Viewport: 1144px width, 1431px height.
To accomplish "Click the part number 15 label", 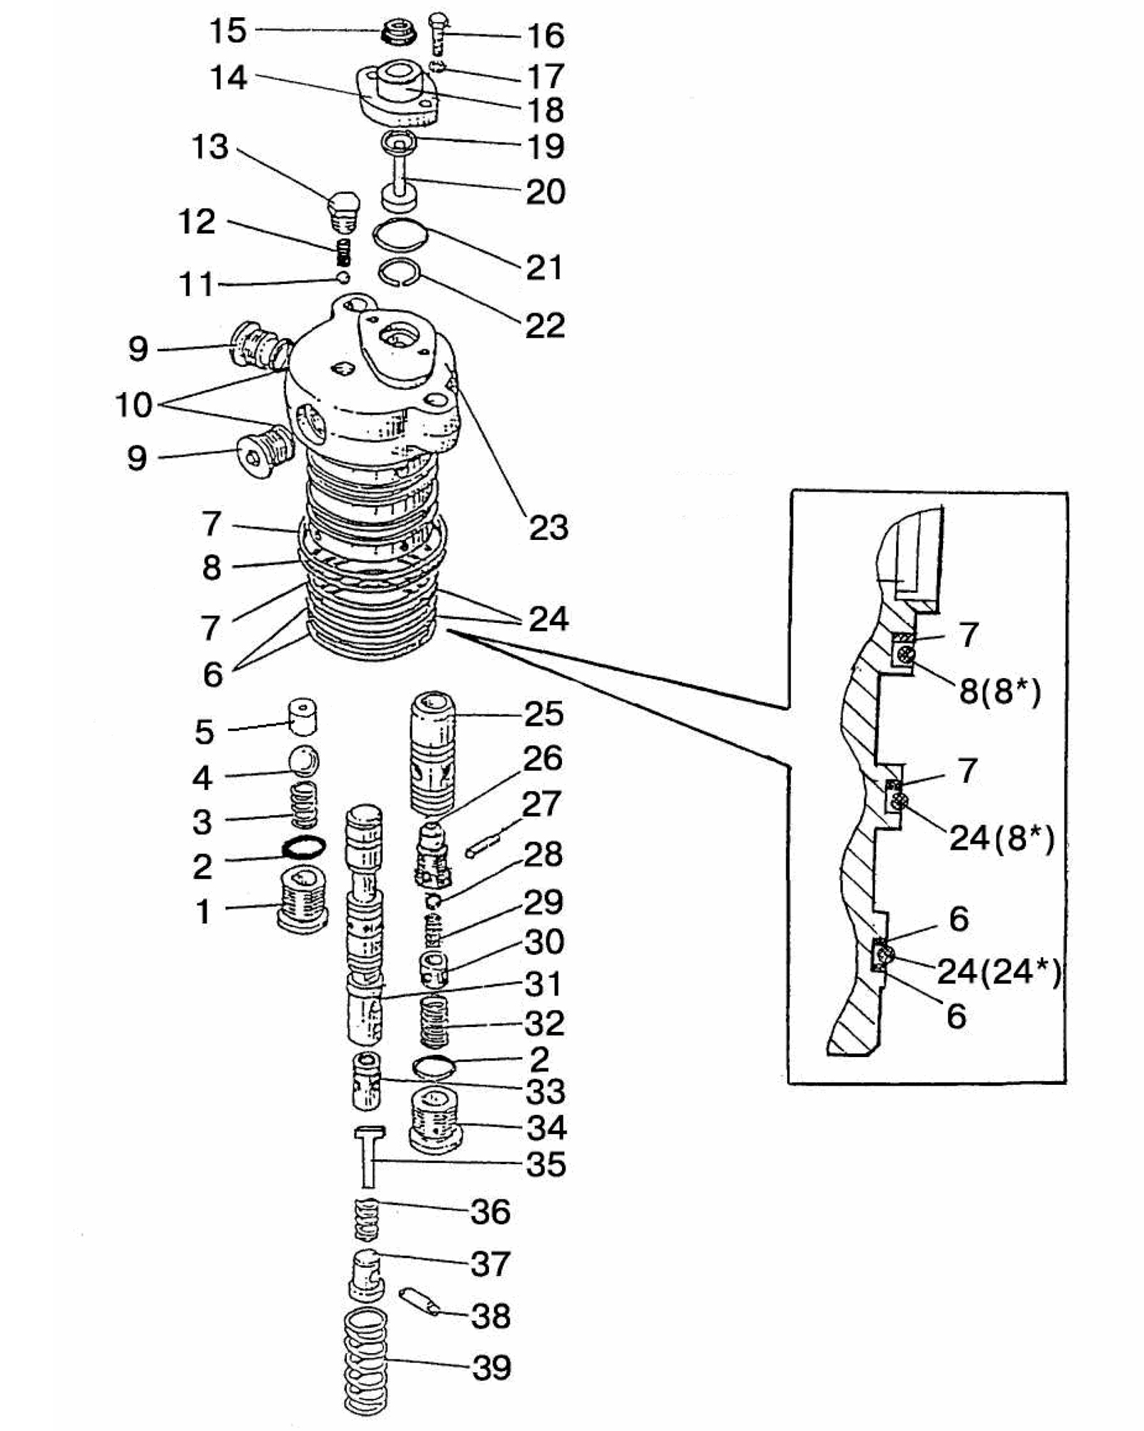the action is (228, 31).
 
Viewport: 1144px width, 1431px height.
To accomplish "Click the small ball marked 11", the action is (344, 277).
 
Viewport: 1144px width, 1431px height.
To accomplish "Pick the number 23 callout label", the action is (548, 528).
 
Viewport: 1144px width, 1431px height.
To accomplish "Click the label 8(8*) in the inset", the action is (1000, 691).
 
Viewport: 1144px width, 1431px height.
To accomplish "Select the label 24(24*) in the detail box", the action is (999, 971).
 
